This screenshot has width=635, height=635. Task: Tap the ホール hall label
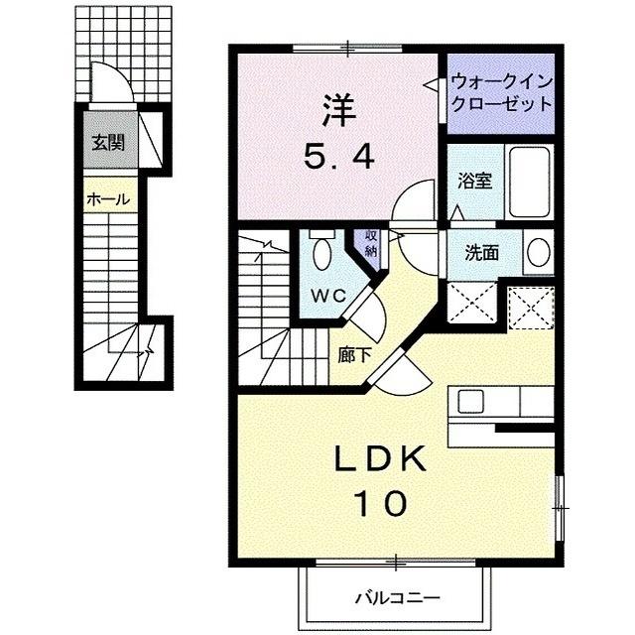click(107, 199)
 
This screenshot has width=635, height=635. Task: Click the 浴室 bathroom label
click(474, 182)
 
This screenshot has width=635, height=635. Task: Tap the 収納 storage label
click(370, 243)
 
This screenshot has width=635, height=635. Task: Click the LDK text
click(379, 458)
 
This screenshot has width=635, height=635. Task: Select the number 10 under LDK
click(378, 505)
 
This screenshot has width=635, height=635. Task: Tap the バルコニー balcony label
click(396, 598)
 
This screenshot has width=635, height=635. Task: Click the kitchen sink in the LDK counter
click(470, 401)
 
